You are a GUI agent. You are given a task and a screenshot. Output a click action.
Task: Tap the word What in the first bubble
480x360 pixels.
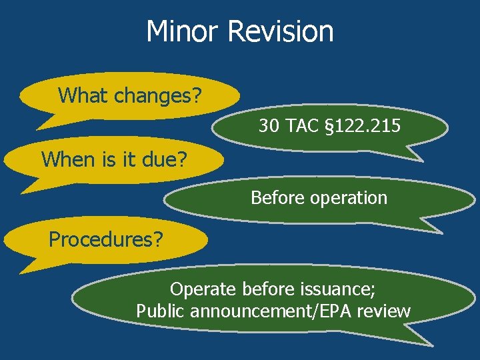(83, 95)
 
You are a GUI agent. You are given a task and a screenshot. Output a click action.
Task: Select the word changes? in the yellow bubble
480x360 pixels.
(158, 96)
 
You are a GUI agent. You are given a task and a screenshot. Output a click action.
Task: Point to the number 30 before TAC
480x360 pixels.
(269, 125)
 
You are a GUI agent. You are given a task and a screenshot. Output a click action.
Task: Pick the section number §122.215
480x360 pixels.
(363, 125)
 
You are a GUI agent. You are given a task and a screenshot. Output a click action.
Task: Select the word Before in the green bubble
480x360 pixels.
(274, 198)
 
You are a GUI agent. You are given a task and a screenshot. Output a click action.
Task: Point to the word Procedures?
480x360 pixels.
(106, 239)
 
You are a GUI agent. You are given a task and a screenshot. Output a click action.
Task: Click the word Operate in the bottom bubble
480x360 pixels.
(203, 289)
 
